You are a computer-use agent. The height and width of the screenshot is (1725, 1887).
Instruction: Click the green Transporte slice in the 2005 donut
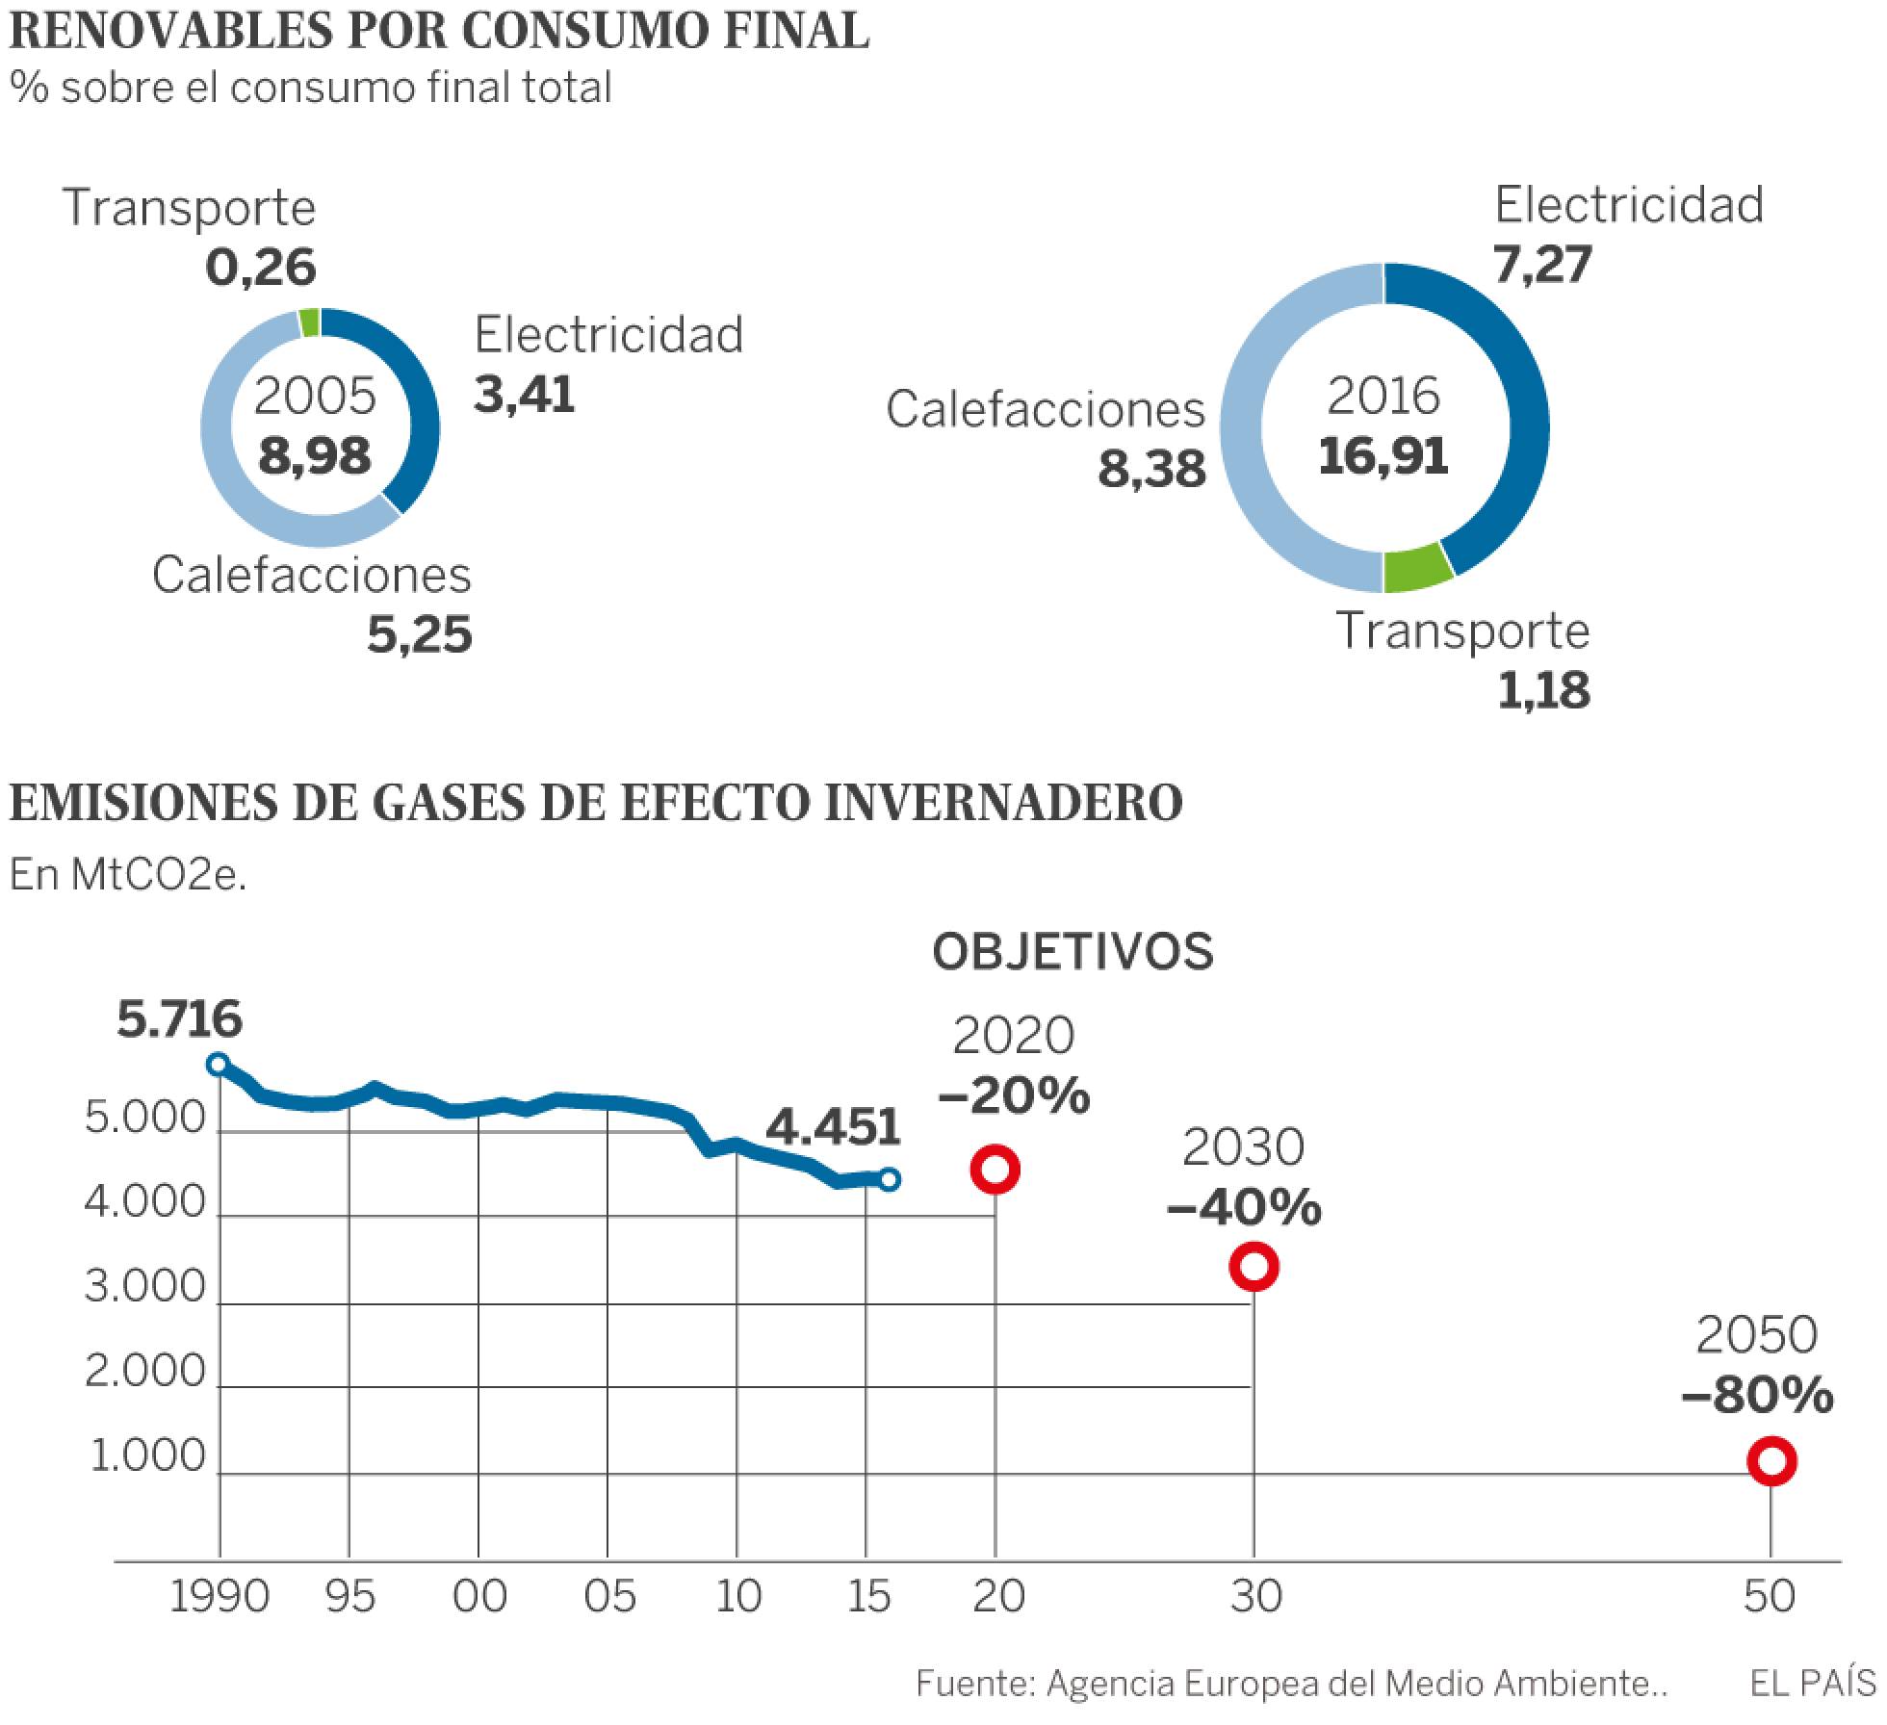click(309, 323)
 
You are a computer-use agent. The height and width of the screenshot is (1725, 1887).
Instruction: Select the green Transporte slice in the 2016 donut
click(1416, 571)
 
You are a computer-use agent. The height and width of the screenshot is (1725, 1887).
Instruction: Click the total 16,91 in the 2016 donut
click(1383, 455)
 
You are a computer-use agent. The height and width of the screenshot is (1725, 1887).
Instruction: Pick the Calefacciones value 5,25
click(420, 636)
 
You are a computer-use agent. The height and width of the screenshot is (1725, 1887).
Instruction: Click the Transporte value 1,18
click(1543, 691)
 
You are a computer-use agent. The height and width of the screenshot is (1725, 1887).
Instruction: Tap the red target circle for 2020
click(995, 1170)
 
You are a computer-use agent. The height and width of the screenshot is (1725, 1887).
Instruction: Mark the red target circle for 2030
click(1254, 1266)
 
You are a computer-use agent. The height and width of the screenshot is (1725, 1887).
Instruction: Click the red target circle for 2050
click(1771, 1461)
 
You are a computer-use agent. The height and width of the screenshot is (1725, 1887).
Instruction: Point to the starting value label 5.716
click(179, 1019)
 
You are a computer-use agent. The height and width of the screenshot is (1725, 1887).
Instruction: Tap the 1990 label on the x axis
click(220, 1597)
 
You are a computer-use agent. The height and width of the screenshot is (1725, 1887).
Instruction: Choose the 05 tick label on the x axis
click(609, 1597)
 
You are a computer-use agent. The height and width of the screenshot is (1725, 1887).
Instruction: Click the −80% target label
click(1758, 1397)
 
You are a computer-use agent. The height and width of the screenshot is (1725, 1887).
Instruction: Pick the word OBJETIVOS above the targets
click(1073, 952)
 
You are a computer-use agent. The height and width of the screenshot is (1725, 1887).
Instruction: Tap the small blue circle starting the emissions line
click(219, 1064)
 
